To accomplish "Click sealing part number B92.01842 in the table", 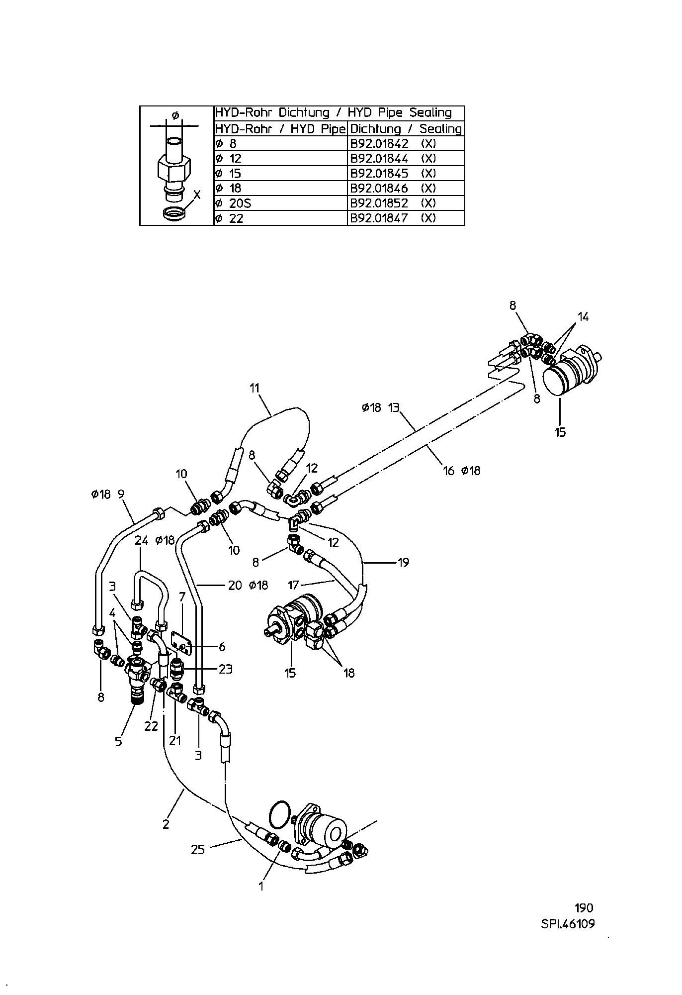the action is [379, 144].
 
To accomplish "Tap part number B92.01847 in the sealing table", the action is [379, 218].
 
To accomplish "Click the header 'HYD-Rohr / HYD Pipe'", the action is [280, 129].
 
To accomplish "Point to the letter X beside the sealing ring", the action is [197, 194].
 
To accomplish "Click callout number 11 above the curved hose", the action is [255, 388].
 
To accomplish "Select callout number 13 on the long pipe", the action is [394, 408].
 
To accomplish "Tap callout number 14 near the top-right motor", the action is [583, 316].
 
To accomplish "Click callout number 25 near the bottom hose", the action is [198, 850].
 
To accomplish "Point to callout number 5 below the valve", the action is [118, 741].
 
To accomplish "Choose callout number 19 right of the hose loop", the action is [403, 562].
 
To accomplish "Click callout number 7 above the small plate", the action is [182, 596].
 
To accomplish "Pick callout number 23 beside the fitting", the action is [225, 669].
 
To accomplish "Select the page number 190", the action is [584, 908].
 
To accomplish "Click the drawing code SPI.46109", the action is [568, 924].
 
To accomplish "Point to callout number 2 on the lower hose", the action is [166, 824].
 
